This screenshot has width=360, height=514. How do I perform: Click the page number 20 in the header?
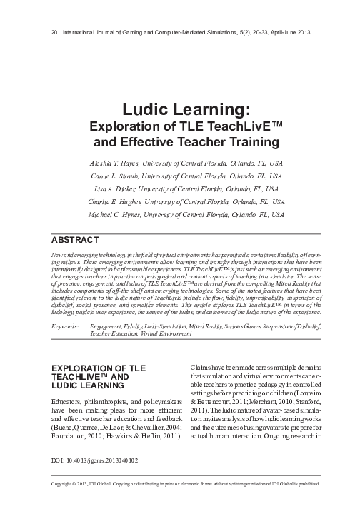click(x=56, y=33)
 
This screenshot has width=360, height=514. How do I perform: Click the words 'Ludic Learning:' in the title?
click(x=179, y=111)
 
